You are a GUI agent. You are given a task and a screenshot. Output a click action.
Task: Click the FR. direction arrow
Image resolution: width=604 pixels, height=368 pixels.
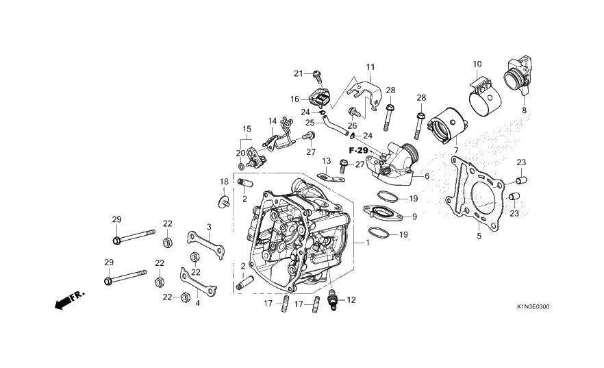click(69, 299)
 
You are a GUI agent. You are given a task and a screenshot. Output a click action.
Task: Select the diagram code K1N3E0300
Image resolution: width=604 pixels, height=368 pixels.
click(533, 307)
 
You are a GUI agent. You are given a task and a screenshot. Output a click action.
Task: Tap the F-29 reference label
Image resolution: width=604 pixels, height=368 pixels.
click(358, 150)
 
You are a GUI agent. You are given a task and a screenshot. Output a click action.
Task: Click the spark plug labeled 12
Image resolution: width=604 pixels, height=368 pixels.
click(331, 299)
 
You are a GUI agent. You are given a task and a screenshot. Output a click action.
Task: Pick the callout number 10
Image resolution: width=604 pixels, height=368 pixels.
click(477, 64)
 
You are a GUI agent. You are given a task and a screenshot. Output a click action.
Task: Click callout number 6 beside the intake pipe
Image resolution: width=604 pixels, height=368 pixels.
click(427, 176)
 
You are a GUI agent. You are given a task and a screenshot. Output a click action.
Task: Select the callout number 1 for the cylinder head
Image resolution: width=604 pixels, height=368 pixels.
click(368, 243)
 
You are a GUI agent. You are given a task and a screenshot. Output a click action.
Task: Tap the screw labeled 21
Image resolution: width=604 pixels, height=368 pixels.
click(318, 76)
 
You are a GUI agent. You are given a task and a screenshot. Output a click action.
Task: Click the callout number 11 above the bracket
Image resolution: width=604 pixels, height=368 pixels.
click(370, 67)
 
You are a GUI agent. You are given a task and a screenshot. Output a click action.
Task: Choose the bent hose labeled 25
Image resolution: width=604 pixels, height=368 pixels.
click(334, 129)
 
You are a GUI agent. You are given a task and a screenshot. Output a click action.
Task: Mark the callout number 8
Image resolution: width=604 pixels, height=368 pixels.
click(525, 110)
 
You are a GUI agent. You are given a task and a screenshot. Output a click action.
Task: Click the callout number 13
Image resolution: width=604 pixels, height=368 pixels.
click(326, 160)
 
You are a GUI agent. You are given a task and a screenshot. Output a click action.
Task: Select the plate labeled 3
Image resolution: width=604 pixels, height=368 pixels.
click(205, 245)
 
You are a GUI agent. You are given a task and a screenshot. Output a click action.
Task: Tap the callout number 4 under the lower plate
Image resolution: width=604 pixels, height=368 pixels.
click(198, 303)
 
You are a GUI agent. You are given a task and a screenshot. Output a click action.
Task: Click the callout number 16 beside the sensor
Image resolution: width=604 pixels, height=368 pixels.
click(294, 99)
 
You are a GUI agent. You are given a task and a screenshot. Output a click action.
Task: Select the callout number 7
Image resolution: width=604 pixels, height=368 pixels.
click(456, 150)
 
